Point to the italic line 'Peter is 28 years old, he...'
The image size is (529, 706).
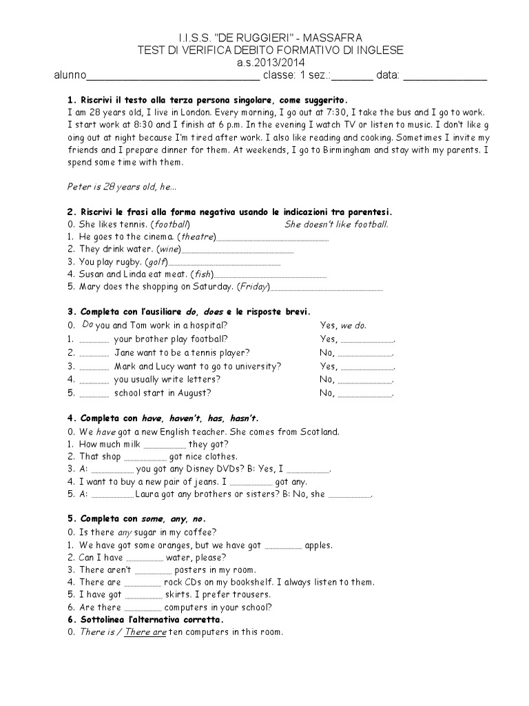[x=122, y=186]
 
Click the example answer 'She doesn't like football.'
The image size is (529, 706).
[x=337, y=224]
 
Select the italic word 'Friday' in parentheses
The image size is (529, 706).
[x=254, y=287]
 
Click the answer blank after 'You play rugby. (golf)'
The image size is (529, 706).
[x=225, y=264]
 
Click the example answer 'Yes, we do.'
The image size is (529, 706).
[x=343, y=325]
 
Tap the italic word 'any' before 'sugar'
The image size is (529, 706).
[x=124, y=532]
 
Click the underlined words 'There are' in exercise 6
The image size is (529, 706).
[x=145, y=632]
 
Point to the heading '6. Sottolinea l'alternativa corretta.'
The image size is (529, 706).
[x=156, y=620]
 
